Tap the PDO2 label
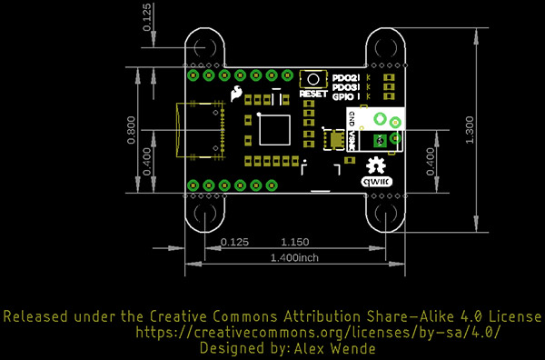pos(346,78)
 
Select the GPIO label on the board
pos(346,95)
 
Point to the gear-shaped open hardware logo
pos(375,165)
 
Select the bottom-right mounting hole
pos(385,215)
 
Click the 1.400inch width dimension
pos(294,258)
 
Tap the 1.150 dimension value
pos(295,242)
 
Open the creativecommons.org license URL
pos(317,333)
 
